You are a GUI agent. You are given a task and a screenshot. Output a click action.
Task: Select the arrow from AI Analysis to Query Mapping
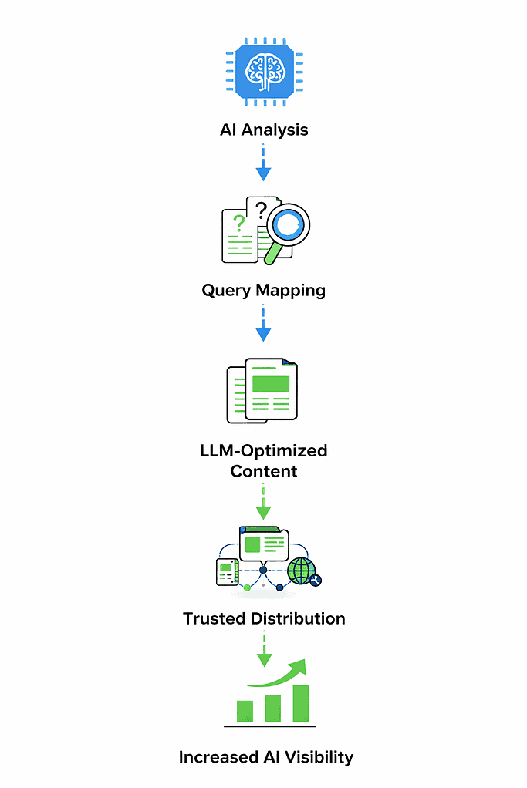pyautogui.click(x=263, y=163)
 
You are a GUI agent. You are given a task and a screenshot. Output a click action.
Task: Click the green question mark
pyautogui.click(x=239, y=224)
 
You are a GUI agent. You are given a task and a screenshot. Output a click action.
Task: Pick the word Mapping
pyautogui.click(x=292, y=291)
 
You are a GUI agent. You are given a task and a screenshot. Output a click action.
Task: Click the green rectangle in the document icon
pyautogui.click(x=271, y=383)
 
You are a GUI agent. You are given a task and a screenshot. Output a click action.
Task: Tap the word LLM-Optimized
pyautogui.click(x=263, y=450)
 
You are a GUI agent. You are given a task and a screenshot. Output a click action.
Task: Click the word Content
pyautogui.click(x=263, y=470)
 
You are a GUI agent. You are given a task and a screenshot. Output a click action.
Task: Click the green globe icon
pyautogui.click(x=301, y=571)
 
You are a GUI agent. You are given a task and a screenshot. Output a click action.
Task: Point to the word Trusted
pyautogui.click(x=215, y=618)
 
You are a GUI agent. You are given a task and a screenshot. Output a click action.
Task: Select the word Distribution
pyautogui.click(x=298, y=618)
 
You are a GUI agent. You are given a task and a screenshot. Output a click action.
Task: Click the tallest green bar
pyautogui.click(x=300, y=703)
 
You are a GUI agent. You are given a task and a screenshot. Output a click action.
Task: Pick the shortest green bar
pyautogui.click(x=245, y=711)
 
